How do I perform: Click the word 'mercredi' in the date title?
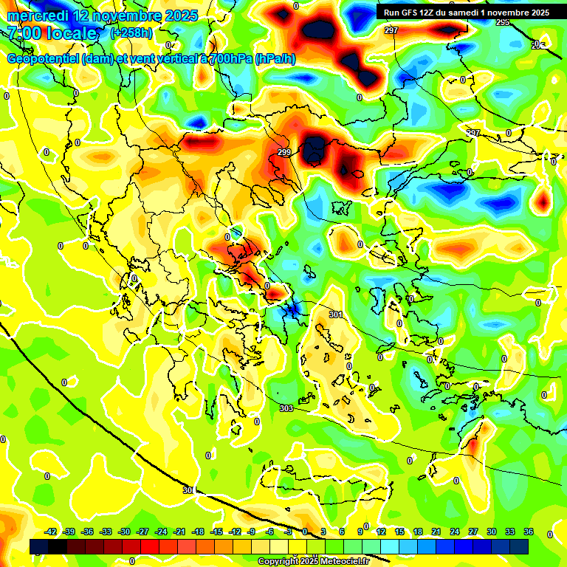pyautogui.click(x=35, y=16)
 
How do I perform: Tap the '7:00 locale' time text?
pyautogui.click(x=52, y=33)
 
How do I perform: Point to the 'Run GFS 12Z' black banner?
pyautogui.click(x=465, y=12)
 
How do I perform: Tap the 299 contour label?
pyautogui.click(x=285, y=153)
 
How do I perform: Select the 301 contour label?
pyautogui.click(x=335, y=315)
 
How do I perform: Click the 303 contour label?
pyautogui.click(x=286, y=408)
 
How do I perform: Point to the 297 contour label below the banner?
pyautogui.click(x=391, y=30)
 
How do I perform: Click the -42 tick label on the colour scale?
pyautogui.click(x=51, y=532)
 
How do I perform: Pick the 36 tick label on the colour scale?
pyautogui.click(x=528, y=532)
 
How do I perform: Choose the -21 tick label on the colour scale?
pyautogui.click(x=179, y=532)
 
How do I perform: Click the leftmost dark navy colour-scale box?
pyautogui.click(x=39, y=546)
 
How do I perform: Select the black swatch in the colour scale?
pyautogui.click(x=58, y=546)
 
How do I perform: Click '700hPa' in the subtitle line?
pyautogui.click(x=230, y=60)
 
